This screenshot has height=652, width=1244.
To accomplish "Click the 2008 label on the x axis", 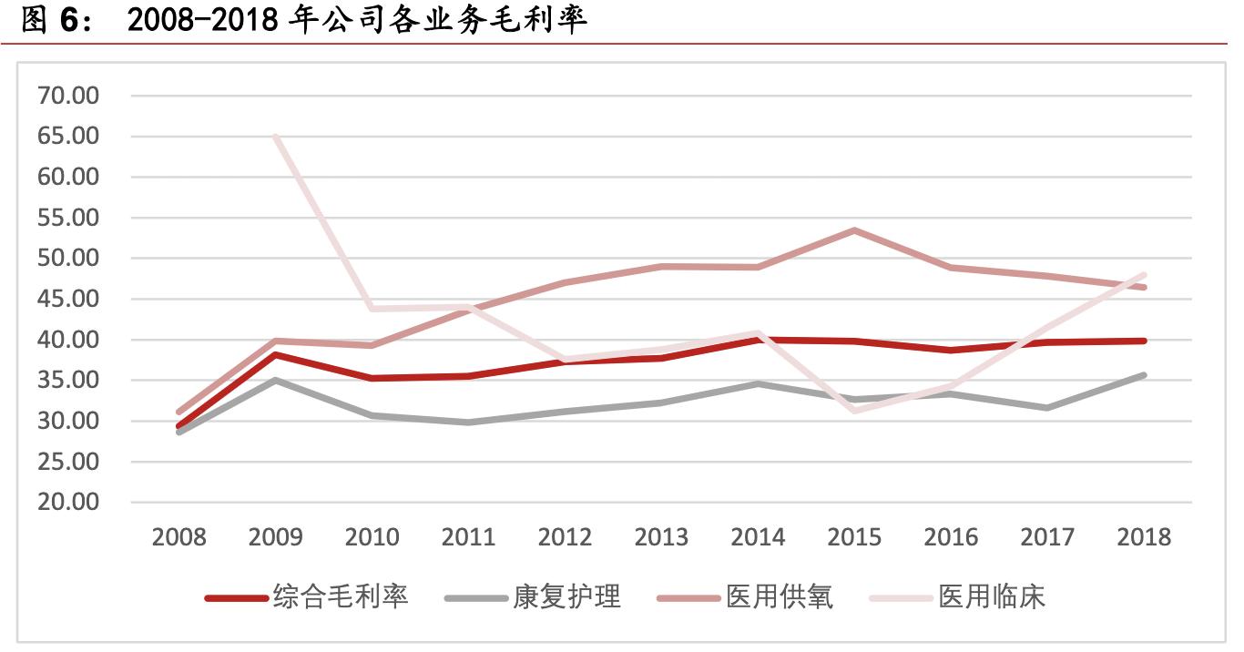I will (x=179, y=537).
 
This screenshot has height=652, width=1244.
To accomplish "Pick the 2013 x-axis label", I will (x=661, y=537).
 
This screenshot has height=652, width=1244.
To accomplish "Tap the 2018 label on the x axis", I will (x=1144, y=537).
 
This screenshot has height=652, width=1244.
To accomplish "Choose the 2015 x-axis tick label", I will (x=854, y=537).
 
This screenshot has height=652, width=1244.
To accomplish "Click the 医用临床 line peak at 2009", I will (x=276, y=137).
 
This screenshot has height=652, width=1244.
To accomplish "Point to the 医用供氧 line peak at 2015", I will (x=854, y=230).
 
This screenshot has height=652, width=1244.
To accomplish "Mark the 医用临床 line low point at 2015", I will (x=854, y=411).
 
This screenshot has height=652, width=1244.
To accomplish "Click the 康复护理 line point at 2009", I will (x=276, y=380).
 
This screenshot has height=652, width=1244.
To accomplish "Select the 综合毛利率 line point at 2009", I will (x=276, y=354).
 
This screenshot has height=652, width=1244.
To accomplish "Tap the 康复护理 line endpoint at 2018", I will (x=1144, y=375).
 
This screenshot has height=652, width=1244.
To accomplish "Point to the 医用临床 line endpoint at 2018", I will (x=1144, y=274).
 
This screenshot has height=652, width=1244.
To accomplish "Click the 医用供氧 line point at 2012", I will (x=565, y=283).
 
